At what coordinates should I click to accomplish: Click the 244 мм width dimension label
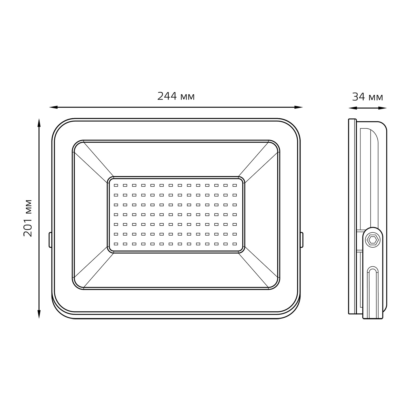pyautogui.click(x=176, y=96)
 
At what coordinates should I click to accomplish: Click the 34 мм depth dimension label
pyautogui.click(x=368, y=97)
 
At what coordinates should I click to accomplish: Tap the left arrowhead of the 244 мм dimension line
pyautogui.click(x=53, y=107)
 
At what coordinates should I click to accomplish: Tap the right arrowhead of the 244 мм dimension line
pyautogui.click(x=299, y=107)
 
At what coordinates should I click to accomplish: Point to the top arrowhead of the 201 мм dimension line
pyautogui.click(x=39, y=123)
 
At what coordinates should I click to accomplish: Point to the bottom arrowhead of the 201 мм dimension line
pyautogui.click(x=39, y=314)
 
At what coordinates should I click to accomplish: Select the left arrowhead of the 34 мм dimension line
pyautogui.click(x=353, y=108)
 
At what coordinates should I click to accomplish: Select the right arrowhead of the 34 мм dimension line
pyautogui.click(x=383, y=108)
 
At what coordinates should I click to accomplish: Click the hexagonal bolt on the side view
pyautogui.click(x=372, y=240)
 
